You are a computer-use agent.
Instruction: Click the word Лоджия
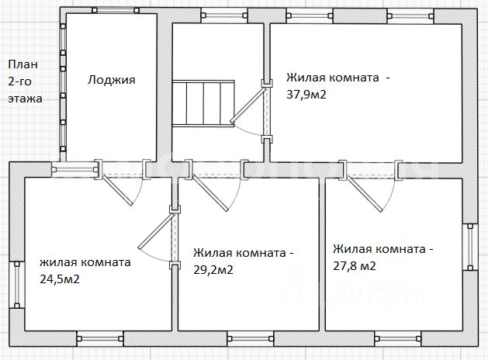(x=112, y=79)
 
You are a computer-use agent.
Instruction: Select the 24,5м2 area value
(x=60, y=279)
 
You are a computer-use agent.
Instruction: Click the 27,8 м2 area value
(x=355, y=265)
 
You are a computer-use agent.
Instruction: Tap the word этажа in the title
(x=25, y=99)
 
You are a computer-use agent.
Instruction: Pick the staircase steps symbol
(x=202, y=102)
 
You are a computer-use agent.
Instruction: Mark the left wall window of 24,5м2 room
(x=15, y=285)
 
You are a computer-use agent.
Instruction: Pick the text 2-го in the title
(x=21, y=82)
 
